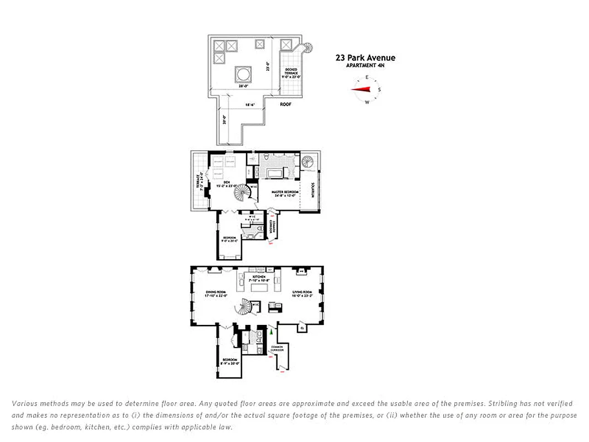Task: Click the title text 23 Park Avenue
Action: pos(365,57)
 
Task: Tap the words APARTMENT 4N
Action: pos(364,66)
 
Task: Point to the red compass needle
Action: pos(362,90)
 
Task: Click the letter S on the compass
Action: pos(379,90)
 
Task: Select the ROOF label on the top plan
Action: pos(285,104)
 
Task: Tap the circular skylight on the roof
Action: pos(243,73)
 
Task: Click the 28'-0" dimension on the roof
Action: pos(242,87)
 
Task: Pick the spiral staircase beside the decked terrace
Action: pos(306,48)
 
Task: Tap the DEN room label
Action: pos(226,183)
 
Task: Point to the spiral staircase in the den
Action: pos(241,193)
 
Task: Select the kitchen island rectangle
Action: pos(260,287)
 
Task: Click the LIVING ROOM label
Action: pos(303,293)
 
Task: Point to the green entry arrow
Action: pos(271,331)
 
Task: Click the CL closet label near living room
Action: pos(302,329)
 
